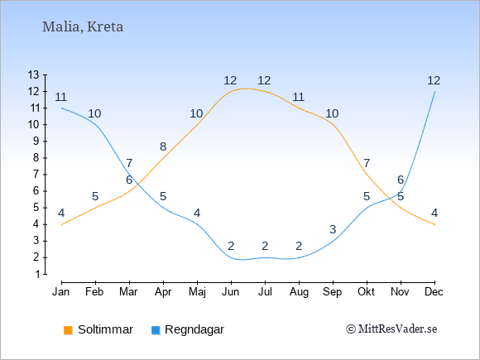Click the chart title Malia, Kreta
click(x=83, y=26)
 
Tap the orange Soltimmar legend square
click(x=68, y=330)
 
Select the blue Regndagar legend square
click(x=156, y=330)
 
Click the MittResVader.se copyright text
click(x=391, y=329)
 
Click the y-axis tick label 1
click(x=37, y=274)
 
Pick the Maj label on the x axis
click(x=197, y=292)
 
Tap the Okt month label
click(x=366, y=292)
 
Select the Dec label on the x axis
click(x=434, y=292)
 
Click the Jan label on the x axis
click(x=61, y=292)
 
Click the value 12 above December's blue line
click(x=434, y=80)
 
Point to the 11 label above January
click(x=61, y=97)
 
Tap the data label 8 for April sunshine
click(x=163, y=146)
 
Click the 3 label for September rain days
click(x=333, y=229)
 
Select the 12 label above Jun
click(x=230, y=80)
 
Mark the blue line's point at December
click(x=434, y=92)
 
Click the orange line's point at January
click(x=62, y=224)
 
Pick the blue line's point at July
click(x=265, y=257)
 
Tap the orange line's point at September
click(x=333, y=125)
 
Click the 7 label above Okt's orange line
click(x=367, y=163)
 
